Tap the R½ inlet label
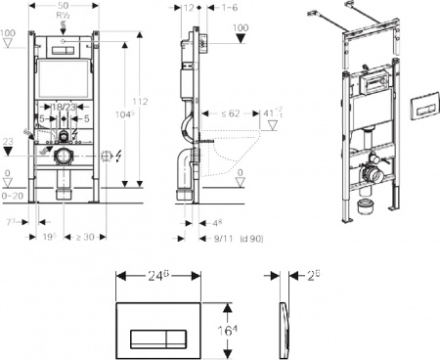click(x=65, y=17)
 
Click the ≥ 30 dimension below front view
click(x=85, y=237)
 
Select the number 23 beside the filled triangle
click(x=8, y=142)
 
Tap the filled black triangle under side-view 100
click(x=239, y=39)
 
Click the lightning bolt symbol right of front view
click(x=119, y=154)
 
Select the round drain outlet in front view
click(x=65, y=156)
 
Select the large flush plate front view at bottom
click(x=163, y=319)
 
